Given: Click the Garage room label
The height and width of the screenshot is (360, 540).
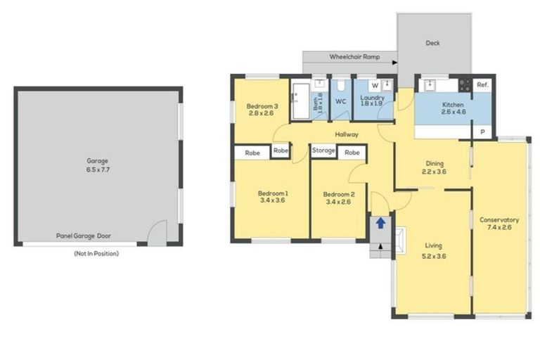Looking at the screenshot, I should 97,161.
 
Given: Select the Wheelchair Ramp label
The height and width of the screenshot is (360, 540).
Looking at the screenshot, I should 347,56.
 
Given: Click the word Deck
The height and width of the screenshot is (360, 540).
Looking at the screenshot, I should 432,44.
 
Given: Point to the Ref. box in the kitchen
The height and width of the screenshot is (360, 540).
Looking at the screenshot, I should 482,84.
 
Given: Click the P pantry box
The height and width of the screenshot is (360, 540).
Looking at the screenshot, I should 482,131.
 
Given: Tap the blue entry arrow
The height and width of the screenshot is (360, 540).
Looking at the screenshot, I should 380,224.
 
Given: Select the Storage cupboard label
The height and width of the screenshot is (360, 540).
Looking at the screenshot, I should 323,150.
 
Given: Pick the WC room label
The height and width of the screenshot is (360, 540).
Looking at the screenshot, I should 340,101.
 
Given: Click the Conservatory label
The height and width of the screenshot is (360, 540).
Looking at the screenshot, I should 499,220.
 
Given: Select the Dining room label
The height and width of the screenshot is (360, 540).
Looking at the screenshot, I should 435,163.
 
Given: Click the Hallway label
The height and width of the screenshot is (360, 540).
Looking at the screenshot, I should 347,134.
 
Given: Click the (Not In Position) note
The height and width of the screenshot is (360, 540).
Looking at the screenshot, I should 96,253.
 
